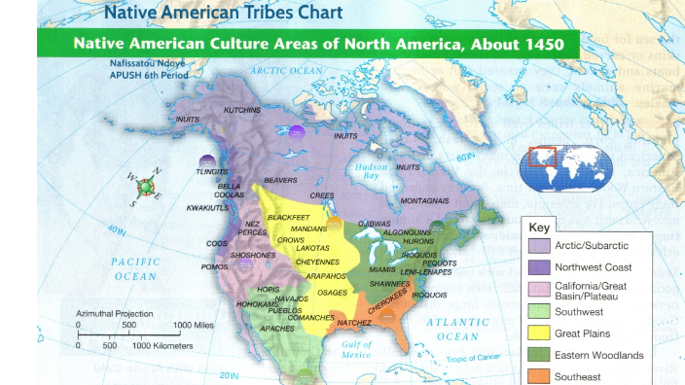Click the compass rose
pos(145,187)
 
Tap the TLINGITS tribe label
pos(211,171)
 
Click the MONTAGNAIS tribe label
pos(424,199)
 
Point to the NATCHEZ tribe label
pos(354,322)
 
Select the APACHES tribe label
pos(276,329)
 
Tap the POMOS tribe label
pos(214,266)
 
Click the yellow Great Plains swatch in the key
pos(538,333)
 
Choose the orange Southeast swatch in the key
pos(538,376)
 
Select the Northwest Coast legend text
pos(593,267)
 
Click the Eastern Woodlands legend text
pos(598,355)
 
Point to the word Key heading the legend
pos(539,227)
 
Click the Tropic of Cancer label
pos(473,359)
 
